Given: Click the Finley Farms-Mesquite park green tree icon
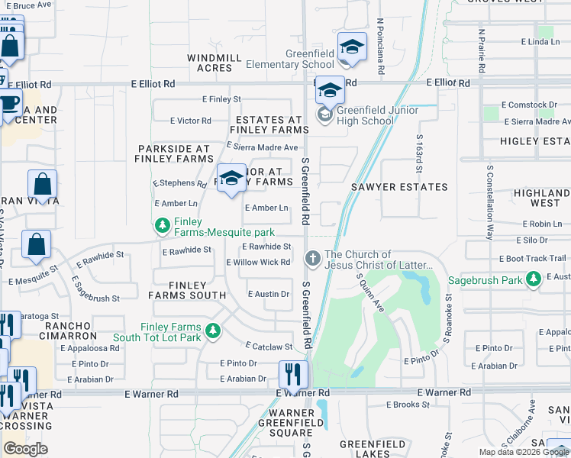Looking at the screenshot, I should coord(162,225).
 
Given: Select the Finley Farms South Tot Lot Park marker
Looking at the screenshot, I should coord(214,331).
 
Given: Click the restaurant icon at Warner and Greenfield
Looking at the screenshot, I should coord(293,374).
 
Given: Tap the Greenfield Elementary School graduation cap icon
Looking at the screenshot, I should coord(352,47).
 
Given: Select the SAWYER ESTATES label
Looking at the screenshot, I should coord(399,187).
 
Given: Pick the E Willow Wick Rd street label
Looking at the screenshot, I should coord(258,263).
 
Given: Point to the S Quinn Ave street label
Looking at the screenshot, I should coord(369,293).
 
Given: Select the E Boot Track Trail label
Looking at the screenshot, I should coord(537,259).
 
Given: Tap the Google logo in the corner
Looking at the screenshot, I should coord(25,449).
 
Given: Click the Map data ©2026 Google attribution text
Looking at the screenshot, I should coord(523,452).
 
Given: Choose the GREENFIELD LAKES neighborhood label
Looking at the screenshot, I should coord(372,444).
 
